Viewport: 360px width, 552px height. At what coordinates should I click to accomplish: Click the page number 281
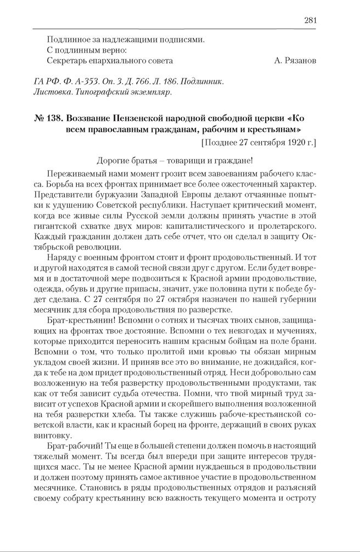[x=311, y=21]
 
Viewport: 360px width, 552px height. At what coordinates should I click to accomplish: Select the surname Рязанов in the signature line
[x=300, y=60]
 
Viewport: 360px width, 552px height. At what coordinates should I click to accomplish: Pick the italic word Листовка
[x=52, y=92]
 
